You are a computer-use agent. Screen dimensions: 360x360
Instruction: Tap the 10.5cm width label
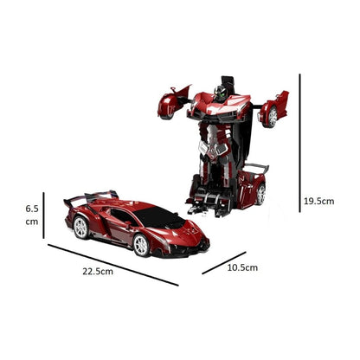241,267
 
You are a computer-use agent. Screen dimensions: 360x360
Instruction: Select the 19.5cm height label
319,201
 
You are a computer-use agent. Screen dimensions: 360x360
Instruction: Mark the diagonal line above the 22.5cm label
112,263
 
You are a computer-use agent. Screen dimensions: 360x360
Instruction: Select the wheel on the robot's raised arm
273,114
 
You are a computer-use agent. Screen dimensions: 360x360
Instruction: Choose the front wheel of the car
142,245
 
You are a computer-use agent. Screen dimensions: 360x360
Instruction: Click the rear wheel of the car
80,228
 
